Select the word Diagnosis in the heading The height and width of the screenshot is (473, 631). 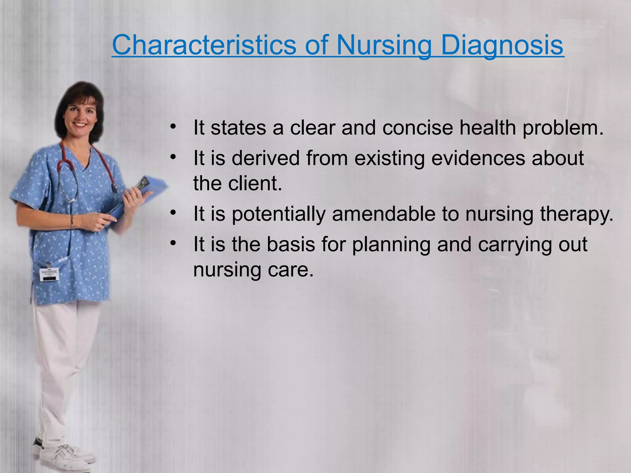pyautogui.click(x=502, y=45)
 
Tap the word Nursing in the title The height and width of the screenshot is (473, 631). pyautogui.click(x=383, y=45)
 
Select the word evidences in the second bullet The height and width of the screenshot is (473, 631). pyautogui.click(x=478, y=158)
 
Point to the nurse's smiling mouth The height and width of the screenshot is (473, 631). pyautogui.click(x=81, y=125)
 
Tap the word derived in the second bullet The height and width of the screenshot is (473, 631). pyautogui.click(x=266, y=158)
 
